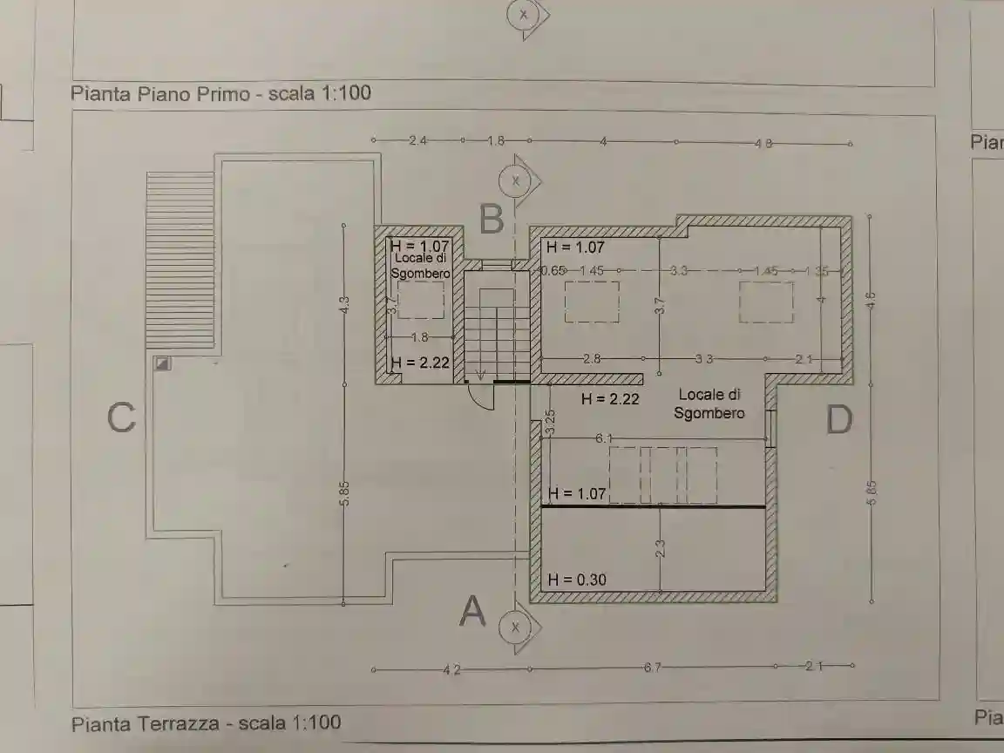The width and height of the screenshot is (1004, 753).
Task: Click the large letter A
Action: (472, 611)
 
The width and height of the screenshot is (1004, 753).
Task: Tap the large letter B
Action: (492, 219)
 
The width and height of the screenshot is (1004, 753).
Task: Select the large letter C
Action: (121, 418)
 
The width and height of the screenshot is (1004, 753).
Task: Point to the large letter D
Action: (838, 421)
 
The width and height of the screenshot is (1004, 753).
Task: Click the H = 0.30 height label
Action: (577, 580)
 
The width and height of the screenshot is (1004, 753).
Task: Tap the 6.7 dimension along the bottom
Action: (652, 668)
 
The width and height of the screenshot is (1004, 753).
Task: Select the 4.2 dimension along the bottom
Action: (451, 670)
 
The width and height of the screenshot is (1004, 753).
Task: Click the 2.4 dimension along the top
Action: (417, 140)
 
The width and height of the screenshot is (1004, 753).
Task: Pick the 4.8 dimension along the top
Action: (763, 144)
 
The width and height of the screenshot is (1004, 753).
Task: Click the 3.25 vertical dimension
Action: (550, 422)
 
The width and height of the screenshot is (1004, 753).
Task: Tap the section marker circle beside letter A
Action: (515, 627)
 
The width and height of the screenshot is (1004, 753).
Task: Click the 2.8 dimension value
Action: (593, 359)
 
